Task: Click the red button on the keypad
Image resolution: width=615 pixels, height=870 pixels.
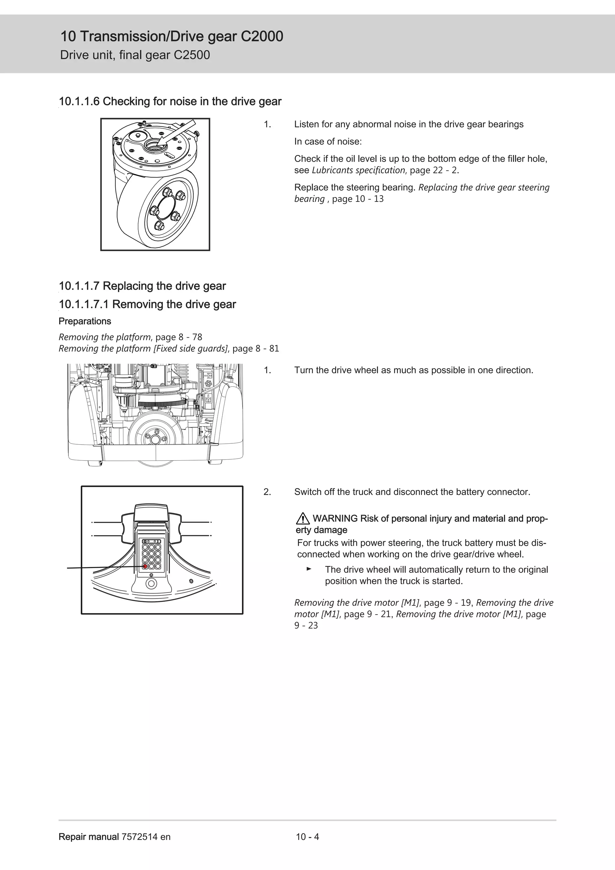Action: coord(145,566)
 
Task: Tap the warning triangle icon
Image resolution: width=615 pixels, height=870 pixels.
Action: coord(303,518)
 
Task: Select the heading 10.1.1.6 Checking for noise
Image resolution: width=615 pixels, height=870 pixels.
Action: coord(170,102)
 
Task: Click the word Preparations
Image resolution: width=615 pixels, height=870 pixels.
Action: coord(85,321)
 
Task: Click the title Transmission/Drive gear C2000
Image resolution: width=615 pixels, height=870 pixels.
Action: coord(171,37)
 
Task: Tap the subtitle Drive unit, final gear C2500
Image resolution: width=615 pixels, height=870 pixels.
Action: coord(135,55)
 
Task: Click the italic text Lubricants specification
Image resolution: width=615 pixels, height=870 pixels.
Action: coord(358,170)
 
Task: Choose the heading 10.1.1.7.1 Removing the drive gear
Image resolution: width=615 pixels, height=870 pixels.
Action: coord(147,304)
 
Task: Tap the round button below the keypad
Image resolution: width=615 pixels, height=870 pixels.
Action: coord(151,583)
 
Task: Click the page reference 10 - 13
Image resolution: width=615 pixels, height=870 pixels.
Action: coord(369,199)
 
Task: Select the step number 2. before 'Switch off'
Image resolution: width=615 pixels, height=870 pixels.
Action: coord(267,492)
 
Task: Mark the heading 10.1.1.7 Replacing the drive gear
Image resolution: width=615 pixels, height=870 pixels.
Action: coord(142,286)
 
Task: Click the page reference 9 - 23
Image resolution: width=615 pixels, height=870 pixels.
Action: coord(306,625)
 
